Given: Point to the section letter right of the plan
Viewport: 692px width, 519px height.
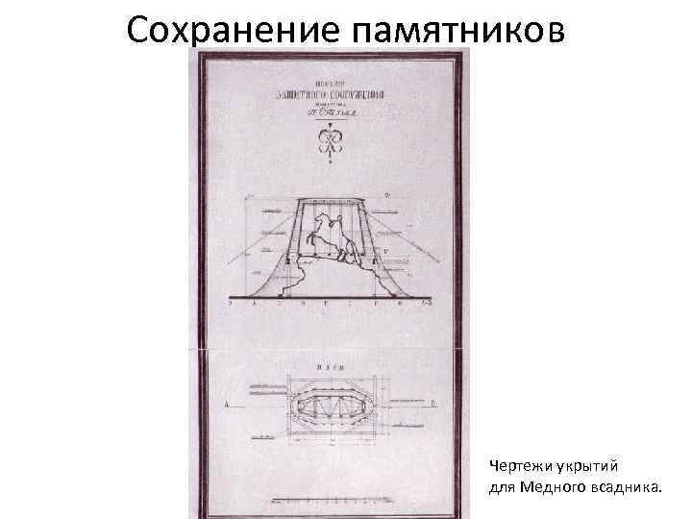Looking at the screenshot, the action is pyautogui.click(x=432, y=405).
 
